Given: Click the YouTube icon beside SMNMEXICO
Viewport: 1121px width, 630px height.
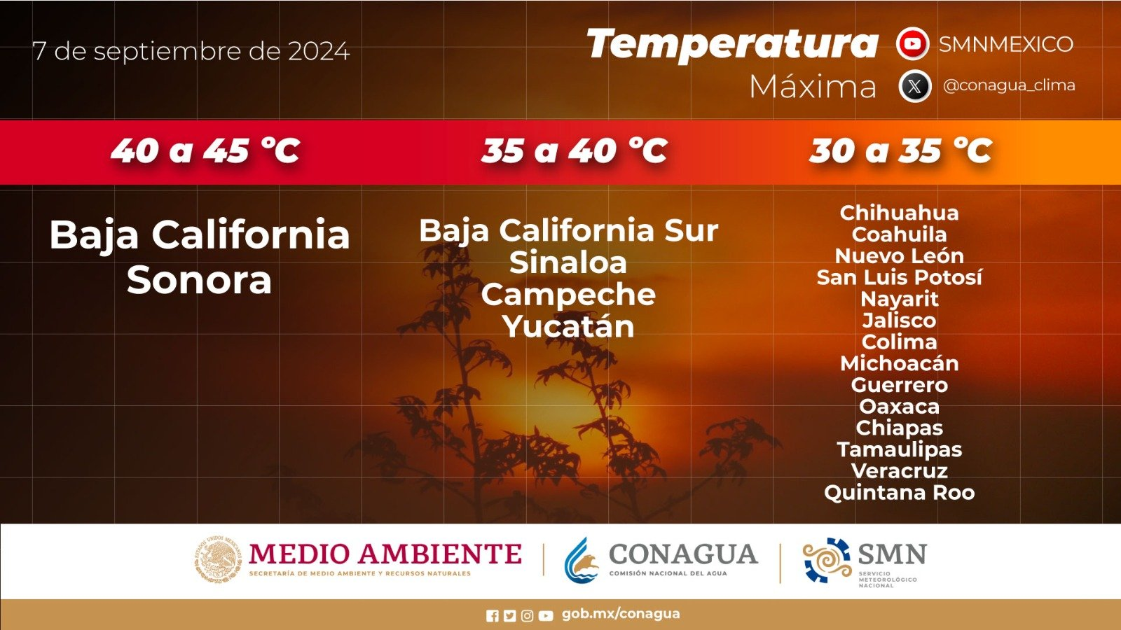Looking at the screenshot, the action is pos(912,43).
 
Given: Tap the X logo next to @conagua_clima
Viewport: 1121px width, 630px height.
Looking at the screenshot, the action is pos(914,86).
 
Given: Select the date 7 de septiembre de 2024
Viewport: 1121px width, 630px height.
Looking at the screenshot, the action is pos(191,52).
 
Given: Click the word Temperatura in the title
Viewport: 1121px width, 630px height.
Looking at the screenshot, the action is pos(732,43).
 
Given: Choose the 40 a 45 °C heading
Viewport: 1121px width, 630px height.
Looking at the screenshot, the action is pos(205,150).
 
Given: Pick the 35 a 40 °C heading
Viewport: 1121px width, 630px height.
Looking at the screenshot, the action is pos(574,150).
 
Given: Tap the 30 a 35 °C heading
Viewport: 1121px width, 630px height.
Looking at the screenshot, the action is pos(900,150).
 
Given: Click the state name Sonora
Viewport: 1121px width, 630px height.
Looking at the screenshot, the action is pos(199,281).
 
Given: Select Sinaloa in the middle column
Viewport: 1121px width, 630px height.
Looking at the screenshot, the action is pos(568,262).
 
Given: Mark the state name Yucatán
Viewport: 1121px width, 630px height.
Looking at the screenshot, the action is pos(568,326).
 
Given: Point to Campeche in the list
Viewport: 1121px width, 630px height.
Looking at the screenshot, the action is pos(568,295).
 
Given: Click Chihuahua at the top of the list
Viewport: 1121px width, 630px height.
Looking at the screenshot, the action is pos(900,213).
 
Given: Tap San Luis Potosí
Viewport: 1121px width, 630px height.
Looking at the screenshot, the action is pos(900,277).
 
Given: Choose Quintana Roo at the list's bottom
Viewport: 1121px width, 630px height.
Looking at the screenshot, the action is pos(900,493).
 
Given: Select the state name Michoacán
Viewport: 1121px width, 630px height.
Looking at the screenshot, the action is pos(900,363).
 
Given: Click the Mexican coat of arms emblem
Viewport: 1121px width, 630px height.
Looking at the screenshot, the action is pos(218,559).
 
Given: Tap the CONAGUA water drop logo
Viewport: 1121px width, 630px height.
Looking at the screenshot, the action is pos(582,561).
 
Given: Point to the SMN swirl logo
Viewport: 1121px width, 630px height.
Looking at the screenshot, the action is pos(827,561).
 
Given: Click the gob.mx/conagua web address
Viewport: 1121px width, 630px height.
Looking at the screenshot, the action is pos(621,614).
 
